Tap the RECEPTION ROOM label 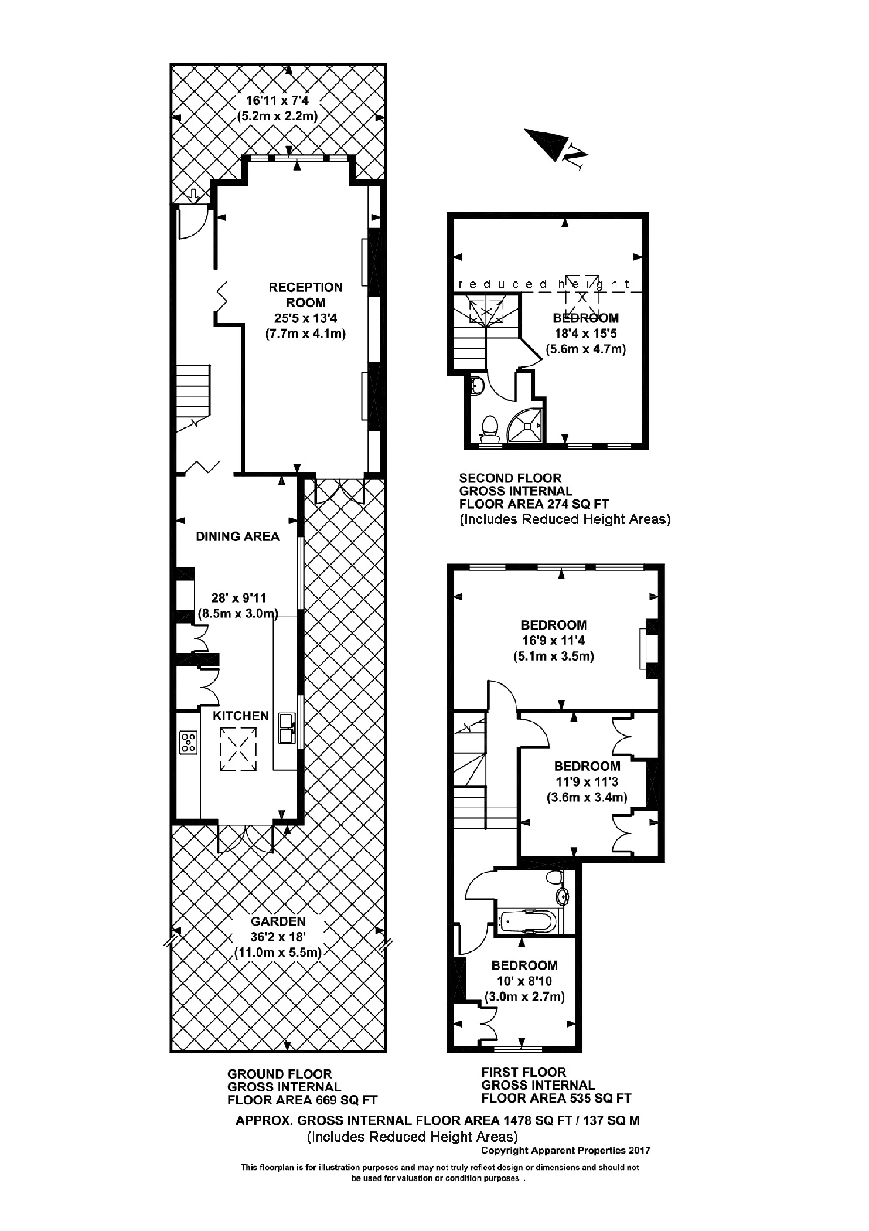305,295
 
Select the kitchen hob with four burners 189,743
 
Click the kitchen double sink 287,727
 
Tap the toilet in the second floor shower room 489,429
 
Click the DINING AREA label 237,536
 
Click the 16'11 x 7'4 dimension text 277,100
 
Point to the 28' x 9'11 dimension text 238,598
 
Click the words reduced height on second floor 544,285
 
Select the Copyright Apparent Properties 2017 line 565,1150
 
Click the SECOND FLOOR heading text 510,478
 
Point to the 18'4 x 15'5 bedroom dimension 585,334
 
